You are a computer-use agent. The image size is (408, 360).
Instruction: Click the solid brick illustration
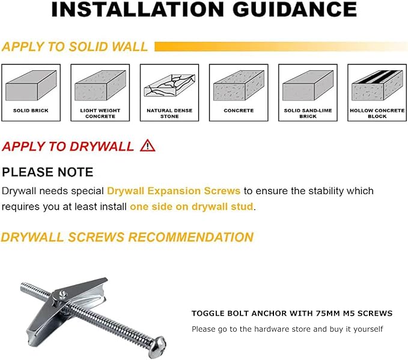31,85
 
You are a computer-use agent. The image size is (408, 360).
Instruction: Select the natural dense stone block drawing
169,85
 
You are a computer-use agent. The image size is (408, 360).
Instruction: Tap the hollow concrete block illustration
377,85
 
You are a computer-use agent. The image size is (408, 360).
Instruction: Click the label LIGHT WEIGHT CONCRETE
100,113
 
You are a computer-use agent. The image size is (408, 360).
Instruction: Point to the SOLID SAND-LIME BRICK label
308,113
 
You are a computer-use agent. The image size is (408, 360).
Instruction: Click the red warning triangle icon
148,146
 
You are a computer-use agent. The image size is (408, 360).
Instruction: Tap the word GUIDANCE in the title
294,10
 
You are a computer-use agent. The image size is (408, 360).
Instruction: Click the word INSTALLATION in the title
138,10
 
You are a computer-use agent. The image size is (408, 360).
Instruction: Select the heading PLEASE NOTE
47,172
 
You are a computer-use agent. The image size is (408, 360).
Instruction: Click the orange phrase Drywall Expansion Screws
174,191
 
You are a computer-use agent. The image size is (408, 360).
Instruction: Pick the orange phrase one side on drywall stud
192,207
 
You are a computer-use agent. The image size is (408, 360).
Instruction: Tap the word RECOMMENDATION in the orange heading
190,237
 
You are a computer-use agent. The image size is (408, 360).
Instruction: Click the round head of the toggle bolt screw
159,346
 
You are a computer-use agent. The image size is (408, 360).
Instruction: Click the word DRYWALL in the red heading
102,146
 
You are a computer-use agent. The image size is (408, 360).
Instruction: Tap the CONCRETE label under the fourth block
239,111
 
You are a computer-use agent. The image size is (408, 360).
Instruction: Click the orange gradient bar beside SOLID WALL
281,47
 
